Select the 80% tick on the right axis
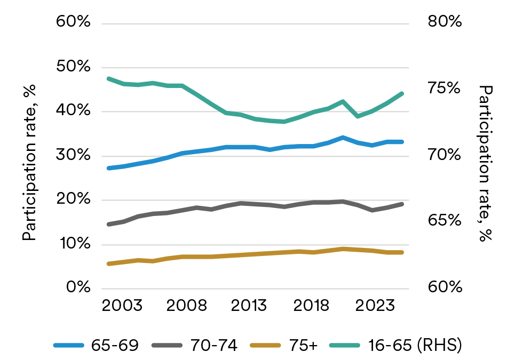(443, 23)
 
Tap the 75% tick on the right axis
(443, 89)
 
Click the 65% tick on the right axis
(443, 221)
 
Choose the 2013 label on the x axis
(249, 308)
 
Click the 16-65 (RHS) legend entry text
(415, 346)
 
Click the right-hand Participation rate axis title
(485, 163)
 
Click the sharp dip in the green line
(358, 116)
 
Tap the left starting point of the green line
(108, 79)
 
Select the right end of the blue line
(402, 142)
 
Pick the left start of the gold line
(108, 263)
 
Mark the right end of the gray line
(402, 204)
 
